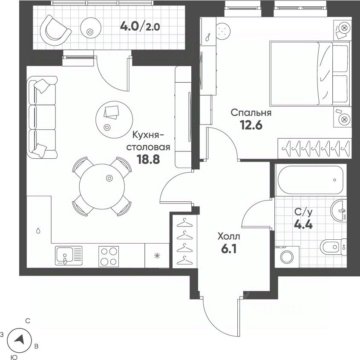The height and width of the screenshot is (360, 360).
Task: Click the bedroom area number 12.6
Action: (x=251, y=125)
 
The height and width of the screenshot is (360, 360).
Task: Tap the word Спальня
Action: (x=251, y=113)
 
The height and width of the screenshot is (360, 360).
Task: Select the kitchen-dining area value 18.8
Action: (x=148, y=159)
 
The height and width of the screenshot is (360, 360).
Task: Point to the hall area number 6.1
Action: (x=229, y=249)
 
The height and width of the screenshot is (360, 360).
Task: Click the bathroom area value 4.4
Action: (x=303, y=224)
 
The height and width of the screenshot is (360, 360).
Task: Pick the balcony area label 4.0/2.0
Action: (x=140, y=27)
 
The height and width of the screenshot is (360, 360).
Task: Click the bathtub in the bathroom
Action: (x=311, y=180)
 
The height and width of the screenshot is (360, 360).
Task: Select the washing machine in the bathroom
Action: (x=287, y=256)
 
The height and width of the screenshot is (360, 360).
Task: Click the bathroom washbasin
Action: (x=338, y=210)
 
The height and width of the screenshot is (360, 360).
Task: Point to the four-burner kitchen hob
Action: (x=109, y=256)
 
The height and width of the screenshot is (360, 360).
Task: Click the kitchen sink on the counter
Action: (x=69, y=255)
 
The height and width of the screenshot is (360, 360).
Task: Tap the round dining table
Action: (x=102, y=186)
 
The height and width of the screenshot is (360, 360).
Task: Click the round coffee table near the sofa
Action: (x=114, y=119)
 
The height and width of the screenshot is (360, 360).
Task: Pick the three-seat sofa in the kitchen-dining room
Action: (x=42, y=117)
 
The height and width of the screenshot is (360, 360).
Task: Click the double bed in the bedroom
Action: (x=310, y=73)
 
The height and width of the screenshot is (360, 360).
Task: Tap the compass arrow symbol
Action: (x=20, y=340)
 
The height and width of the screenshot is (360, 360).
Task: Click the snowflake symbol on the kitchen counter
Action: (x=157, y=256)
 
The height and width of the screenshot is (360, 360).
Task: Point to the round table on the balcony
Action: (x=91, y=28)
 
